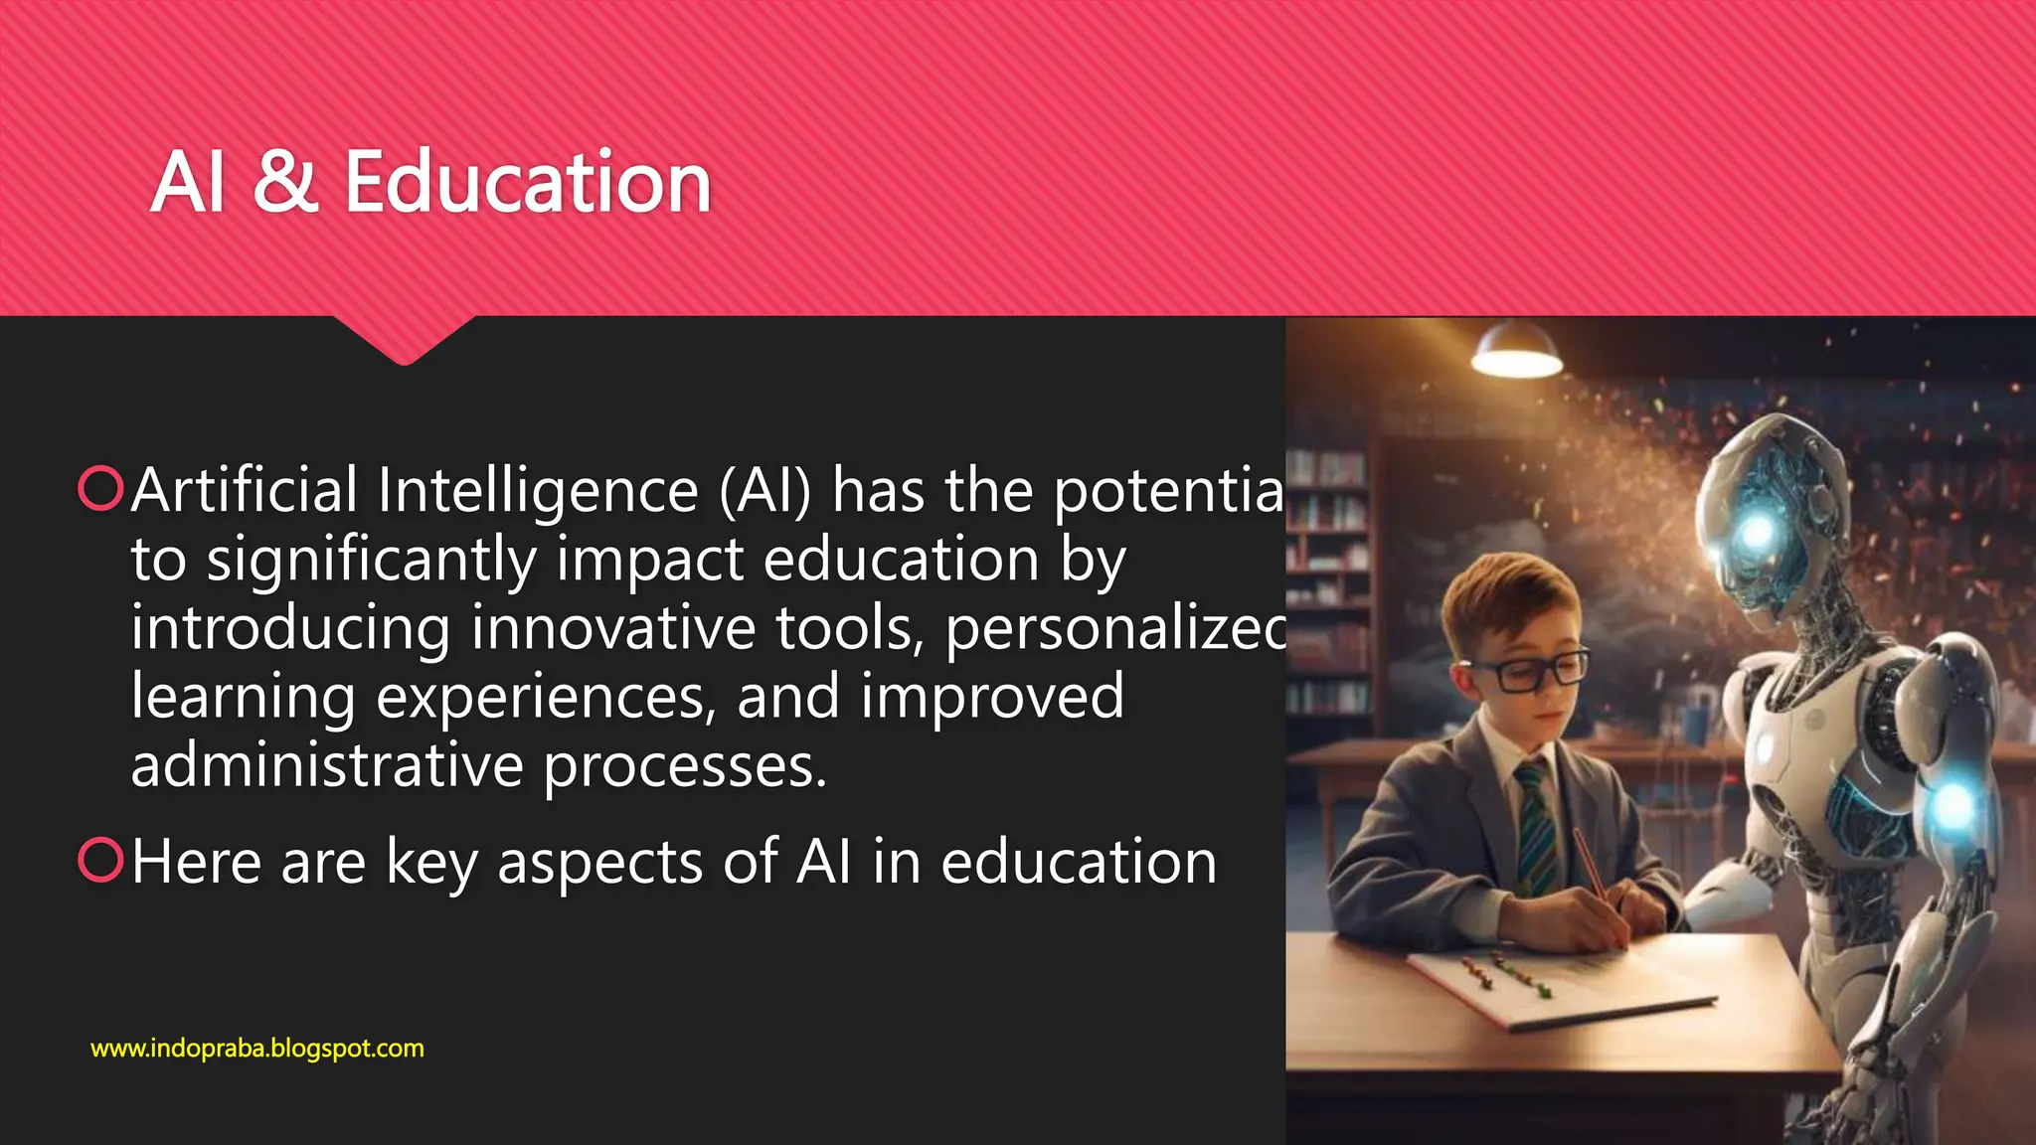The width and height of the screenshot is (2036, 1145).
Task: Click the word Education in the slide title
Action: tap(528, 183)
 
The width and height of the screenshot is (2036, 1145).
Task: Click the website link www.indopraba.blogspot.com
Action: tap(256, 1049)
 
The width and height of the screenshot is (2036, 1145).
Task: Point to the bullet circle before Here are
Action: tap(100, 860)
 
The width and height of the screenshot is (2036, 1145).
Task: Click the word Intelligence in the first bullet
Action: tap(538, 491)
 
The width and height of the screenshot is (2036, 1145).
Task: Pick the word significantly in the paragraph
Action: tap(371, 561)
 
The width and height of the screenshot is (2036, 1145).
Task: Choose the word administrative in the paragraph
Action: tap(327, 765)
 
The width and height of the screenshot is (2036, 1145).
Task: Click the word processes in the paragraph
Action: tap(685, 767)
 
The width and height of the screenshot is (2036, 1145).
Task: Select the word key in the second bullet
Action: tap(432, 863)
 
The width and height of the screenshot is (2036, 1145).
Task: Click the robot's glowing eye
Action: tap(1758, 534)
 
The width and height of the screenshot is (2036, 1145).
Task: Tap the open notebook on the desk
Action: tap(1561, 979)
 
